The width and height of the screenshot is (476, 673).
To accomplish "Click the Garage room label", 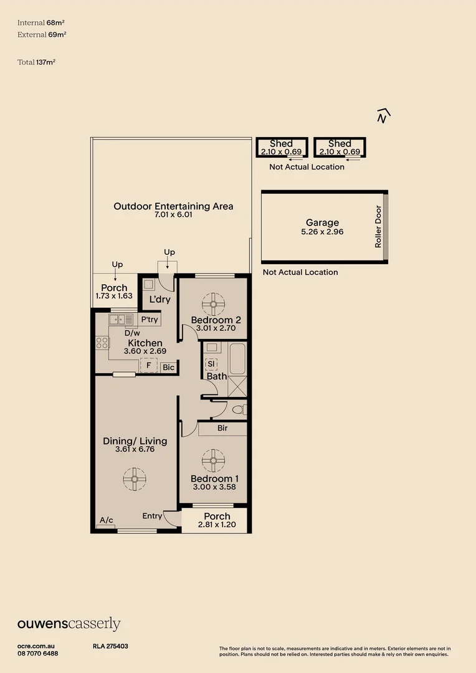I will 322,222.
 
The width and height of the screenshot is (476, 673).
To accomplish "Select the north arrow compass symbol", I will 383,116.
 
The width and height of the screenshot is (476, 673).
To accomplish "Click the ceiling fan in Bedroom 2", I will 212,304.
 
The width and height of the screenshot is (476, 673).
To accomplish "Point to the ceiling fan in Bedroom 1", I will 212,461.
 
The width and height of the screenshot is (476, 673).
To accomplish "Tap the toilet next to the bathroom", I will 240,409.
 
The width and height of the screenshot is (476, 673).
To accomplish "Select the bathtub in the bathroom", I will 237,358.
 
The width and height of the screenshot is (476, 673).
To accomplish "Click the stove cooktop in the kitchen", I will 102,342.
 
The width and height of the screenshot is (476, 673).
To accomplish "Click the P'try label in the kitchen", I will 150,320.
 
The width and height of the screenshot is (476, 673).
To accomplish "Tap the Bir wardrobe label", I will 222,429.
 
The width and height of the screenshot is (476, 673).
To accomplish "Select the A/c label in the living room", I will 106,520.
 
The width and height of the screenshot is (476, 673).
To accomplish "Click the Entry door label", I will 152,515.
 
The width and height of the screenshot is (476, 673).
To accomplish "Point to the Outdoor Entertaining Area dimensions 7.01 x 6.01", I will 173,215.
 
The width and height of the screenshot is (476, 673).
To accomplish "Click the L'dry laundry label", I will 159,300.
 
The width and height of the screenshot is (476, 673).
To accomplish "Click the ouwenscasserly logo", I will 69,624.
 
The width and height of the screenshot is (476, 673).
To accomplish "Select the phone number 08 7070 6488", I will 38,653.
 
